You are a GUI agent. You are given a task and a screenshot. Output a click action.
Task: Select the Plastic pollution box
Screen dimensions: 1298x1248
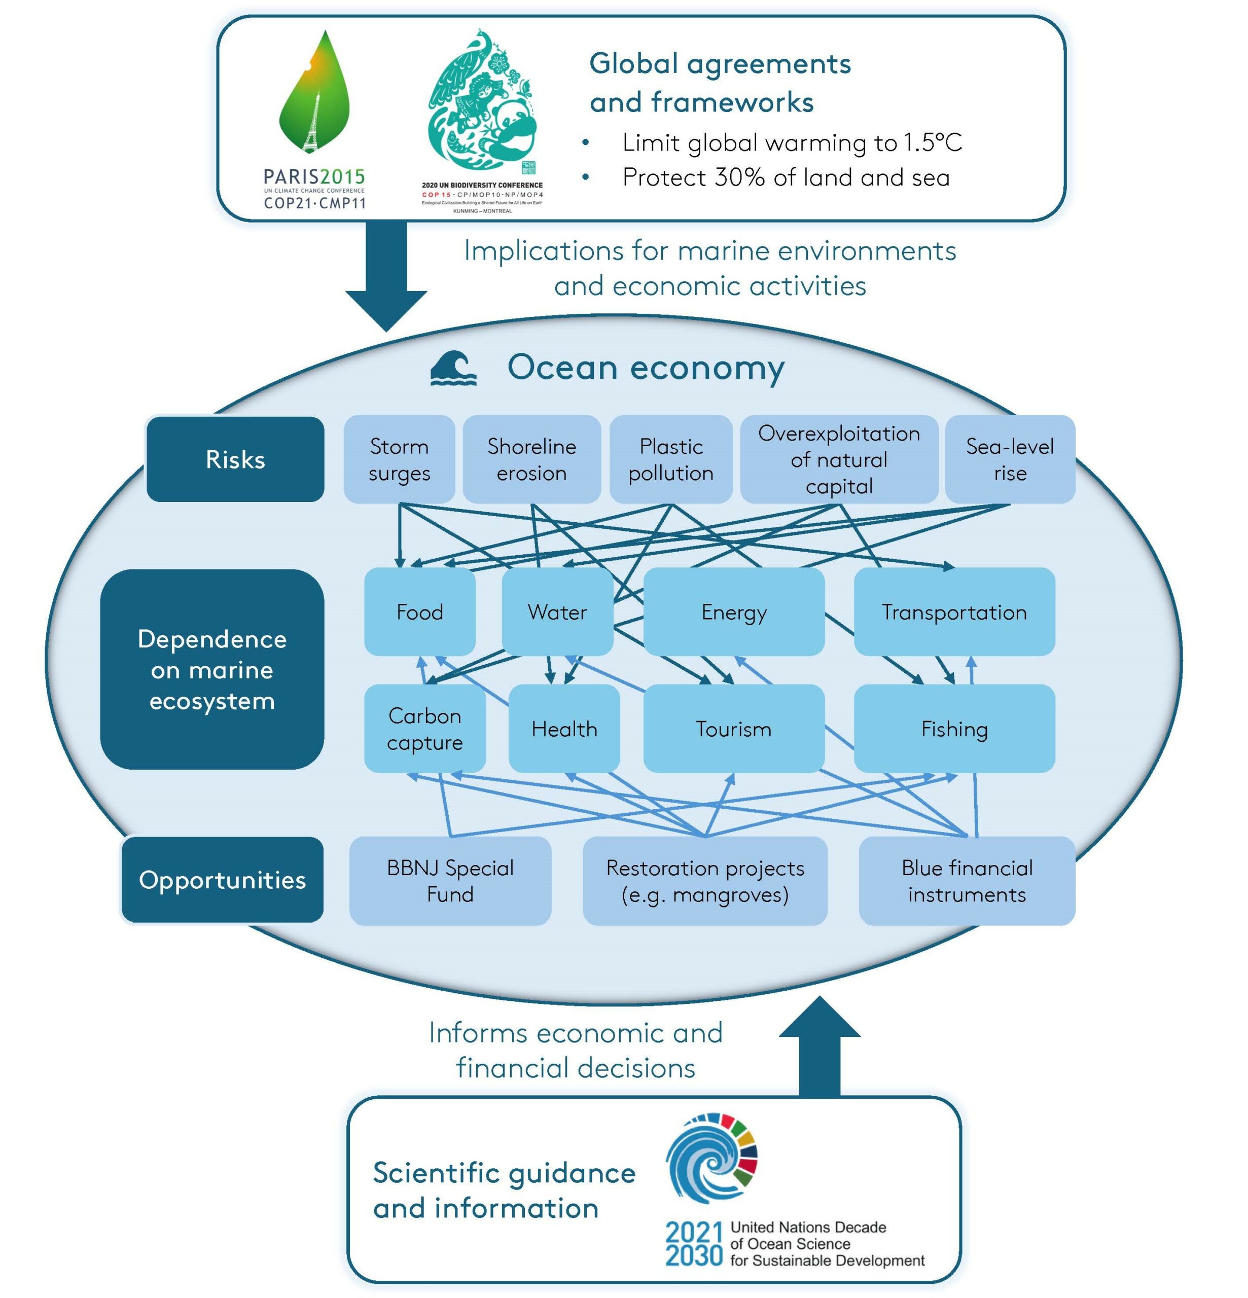pos(670,459)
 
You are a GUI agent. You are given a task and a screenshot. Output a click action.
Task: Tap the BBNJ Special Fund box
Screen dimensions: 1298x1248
pos(450,880)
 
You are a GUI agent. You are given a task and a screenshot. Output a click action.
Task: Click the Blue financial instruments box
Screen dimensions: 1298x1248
pos(966,880)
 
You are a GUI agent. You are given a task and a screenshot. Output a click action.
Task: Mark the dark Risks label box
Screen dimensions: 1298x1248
pos(235,459)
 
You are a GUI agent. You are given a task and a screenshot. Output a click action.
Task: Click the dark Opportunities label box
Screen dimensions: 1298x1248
pos(222,880)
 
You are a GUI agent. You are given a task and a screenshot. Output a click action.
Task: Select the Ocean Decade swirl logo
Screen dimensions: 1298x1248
pos(711,1158)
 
